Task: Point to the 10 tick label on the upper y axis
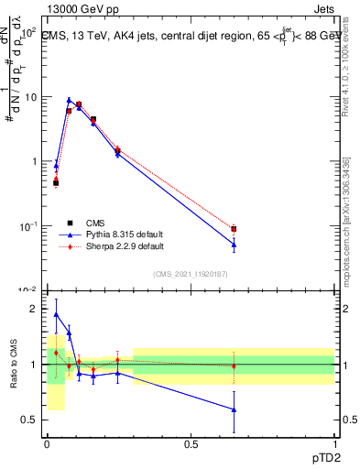pyautogui.click(x=29, y=96)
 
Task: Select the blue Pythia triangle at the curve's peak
pyautogui.click(x=69, y=100)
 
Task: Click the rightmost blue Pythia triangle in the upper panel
pyautogui.click(x=234, y=245)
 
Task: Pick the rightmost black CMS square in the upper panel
pyautogui.click(x=234, y=229)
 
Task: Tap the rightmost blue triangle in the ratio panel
pyautogui.click(x=234, y=409)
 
